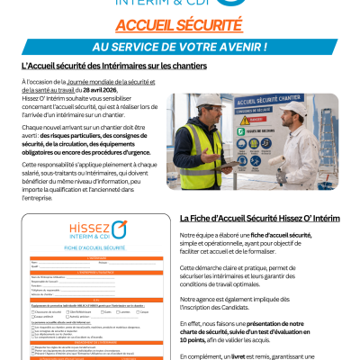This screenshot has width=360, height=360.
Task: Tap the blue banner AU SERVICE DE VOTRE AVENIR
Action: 180,47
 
